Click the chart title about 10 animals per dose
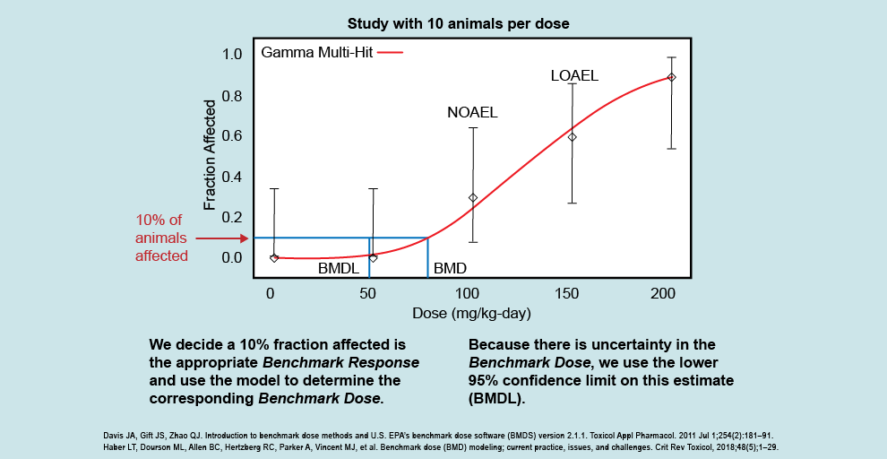tap(460, 22)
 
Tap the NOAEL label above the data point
tap(472, 113)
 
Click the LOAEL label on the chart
tap(574, 76)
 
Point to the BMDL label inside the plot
tap(338, 268)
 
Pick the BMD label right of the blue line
tap(450, 268)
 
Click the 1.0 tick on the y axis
tap(231, 55)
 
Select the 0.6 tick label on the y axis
tap(231, 136)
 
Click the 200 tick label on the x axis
tap(663, 294)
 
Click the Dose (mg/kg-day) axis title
tap(471, 314)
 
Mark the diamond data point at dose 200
tap(672, 77)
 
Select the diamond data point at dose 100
tap(473, 197)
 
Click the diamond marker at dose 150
tap(573, 137)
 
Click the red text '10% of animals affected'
tap(161, 238)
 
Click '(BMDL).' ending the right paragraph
tap(496, 398)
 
